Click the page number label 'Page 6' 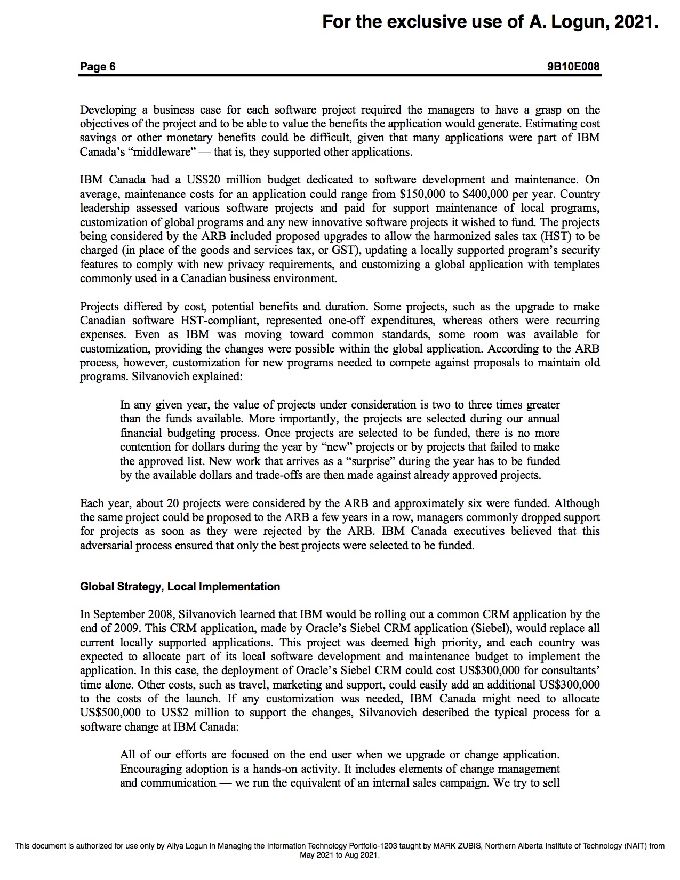(98, 67)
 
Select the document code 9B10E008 (573, 67)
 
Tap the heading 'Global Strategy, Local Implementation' (180, 587)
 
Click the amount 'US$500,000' (110, 713)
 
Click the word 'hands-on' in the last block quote (274, 769)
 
